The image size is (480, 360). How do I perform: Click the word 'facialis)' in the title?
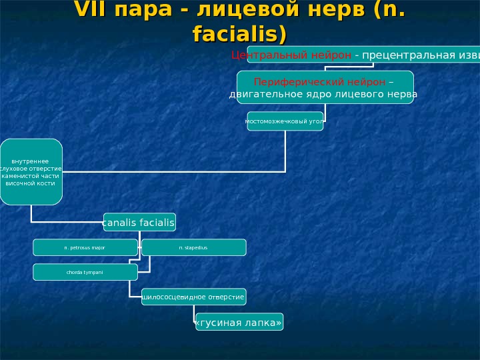[239, 33]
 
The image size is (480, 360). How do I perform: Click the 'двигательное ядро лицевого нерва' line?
[323, 95]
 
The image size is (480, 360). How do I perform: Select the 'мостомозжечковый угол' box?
[285, 121]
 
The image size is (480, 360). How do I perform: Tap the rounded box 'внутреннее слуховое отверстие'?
[31, 171]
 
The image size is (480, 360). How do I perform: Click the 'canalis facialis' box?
[139, 221]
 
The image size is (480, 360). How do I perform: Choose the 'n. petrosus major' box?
[85, 247]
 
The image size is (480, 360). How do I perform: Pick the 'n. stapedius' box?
[193, 247]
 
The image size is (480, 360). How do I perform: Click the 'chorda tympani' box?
[85, 272]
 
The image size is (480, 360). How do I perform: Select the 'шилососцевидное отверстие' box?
[193, 297]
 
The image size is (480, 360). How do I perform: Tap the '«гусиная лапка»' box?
[239, 322]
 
